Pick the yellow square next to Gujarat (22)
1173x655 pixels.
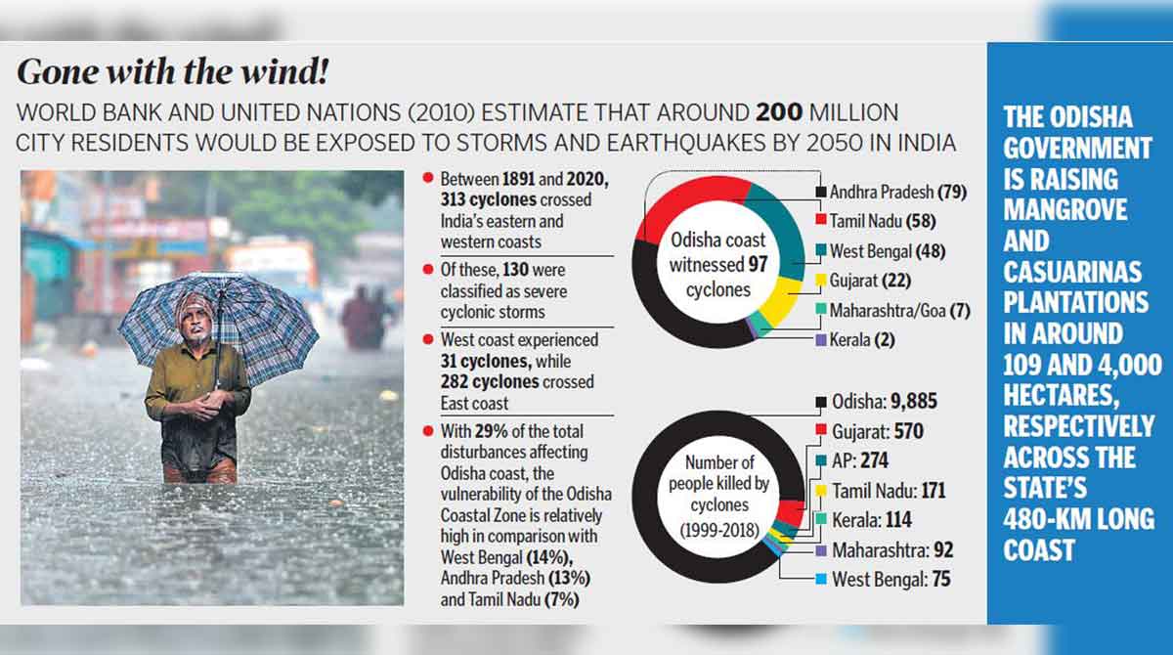[x=820, y=282]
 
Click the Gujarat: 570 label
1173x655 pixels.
[x=877, y=431]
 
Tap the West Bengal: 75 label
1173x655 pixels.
[x=890, y=580]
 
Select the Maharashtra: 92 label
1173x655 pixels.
[x=891, y=550]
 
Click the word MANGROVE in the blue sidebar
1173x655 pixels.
[x=1064, y=209]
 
